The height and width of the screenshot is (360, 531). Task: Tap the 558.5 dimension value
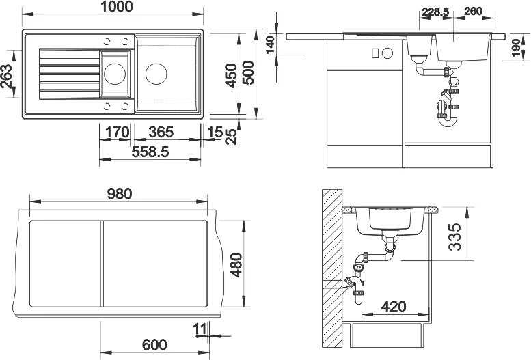(149, 152)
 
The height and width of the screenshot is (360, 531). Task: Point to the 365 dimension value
(161, 131)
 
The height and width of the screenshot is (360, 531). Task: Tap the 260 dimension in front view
(474, 12)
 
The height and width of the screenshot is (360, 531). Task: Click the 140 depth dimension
(270, 45)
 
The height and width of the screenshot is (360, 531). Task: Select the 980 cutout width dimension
(119, 194)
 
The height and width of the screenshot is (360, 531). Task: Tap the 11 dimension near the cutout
(199, 330)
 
